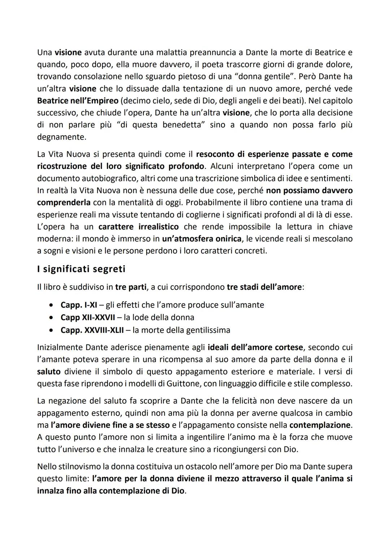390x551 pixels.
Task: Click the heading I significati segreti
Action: (x=81, y=269)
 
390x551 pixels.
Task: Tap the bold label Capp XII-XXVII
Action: (x=88, y=318)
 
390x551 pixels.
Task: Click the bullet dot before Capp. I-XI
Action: (x=53, y=305)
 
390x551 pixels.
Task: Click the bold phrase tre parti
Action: (x=131, y=287)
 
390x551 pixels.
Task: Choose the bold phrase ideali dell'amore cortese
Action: (x=255, y=347)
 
